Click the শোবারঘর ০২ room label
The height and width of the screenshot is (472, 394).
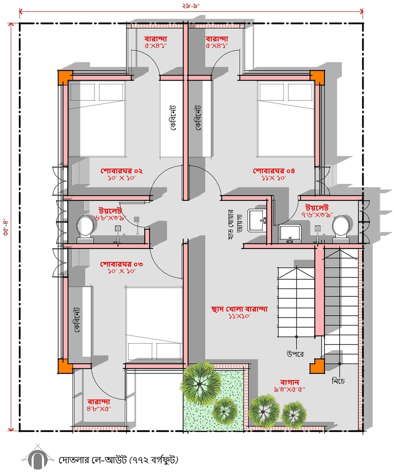click(121, 171)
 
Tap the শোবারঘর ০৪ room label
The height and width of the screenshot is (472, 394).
click(274, 171)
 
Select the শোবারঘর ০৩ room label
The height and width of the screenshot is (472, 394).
click(121, 264)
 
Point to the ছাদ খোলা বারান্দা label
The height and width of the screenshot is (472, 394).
click(239, 309)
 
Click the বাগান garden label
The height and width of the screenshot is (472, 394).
click(289, 382)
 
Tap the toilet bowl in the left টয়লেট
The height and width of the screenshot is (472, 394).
click(85, 229)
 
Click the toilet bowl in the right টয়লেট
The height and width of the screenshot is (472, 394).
click(341, 229)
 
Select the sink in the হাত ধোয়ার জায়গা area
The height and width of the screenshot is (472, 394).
click(257, 221)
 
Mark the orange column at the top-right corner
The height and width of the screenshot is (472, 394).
click(317, 77)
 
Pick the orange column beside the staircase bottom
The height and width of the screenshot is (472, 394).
click(317, 366)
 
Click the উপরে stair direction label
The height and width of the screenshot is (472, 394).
click(295, 354)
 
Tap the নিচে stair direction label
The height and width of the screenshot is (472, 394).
click(338, 381)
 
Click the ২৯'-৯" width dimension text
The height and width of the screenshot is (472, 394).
click(191, 6)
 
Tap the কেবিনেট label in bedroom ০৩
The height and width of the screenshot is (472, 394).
click(76, 319)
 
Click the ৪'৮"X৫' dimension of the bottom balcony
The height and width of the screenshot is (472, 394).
click(99, 408)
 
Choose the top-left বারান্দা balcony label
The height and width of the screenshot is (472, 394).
click(156, 39)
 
